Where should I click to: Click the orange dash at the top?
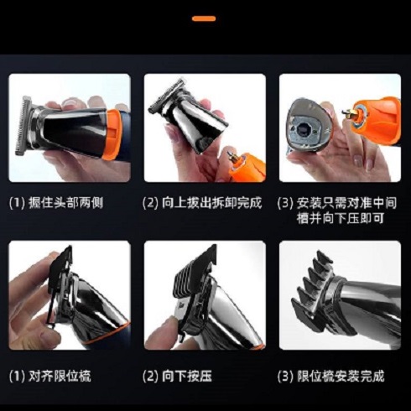pyautogui.click(x=204, y=18)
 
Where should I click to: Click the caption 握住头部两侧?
pyautogui.click(x=66, y=203)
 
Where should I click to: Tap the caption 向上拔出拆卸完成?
pyautogui.click(x=212, y=203)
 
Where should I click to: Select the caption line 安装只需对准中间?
pyautogui.click(x=346, y=203)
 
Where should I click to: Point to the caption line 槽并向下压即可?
pyautogui.click(x=341, y=218)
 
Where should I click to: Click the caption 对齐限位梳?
pyautogui.click(x=60, y=376)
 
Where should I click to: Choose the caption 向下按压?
pyautogui.click(x=187, y=376)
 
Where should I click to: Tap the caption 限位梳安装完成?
pyautogui.click(x=341, y=376)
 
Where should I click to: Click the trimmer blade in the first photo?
pyautogui.click(x=23, y=125)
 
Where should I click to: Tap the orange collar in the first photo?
pyautogui.click(x=113, y=134)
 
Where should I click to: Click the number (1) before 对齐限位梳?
pyautogui.click(x=17, y=377)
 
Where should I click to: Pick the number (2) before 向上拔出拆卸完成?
pyautogui.click(x=150, y=203)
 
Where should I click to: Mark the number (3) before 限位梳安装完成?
pyautogui.click(x=285, y=377)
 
